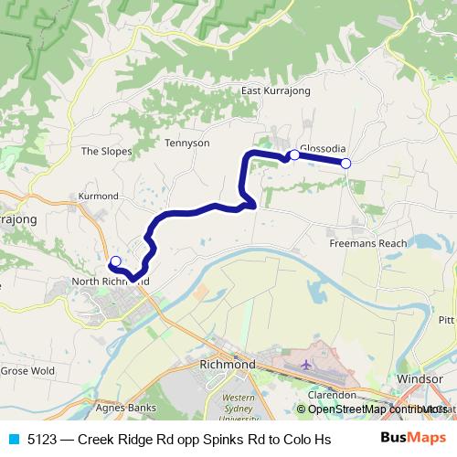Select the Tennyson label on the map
(187, 143)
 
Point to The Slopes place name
(106, 152)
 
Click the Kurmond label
(99, 197)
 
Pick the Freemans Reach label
(368, 244)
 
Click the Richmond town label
(227, 365)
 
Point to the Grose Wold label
(27, 371)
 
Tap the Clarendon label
(331, 395)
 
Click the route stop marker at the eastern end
(345, 164)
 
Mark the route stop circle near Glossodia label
(294, 155)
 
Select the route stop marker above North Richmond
(115, 262)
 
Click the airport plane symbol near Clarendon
(304, 365)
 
